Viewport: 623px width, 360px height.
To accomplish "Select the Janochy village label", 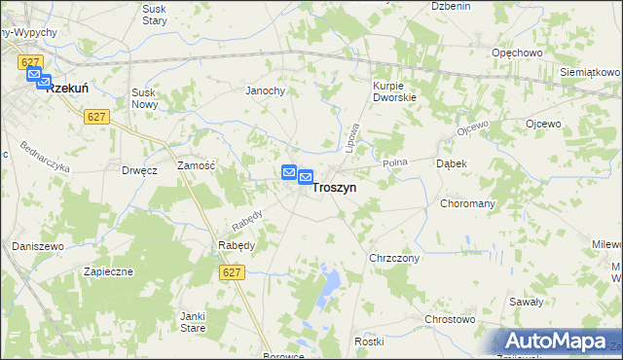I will pos(264,90).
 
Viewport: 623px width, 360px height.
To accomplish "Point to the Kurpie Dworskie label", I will pos(394,91).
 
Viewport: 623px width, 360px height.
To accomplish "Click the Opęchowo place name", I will pos(517,53).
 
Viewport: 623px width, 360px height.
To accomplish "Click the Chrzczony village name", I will pos(394,258).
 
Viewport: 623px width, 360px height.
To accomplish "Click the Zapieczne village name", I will pos(108,271).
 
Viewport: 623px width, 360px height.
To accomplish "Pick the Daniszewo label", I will pos(38,246).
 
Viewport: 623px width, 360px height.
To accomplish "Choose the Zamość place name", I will pos(196,166).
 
